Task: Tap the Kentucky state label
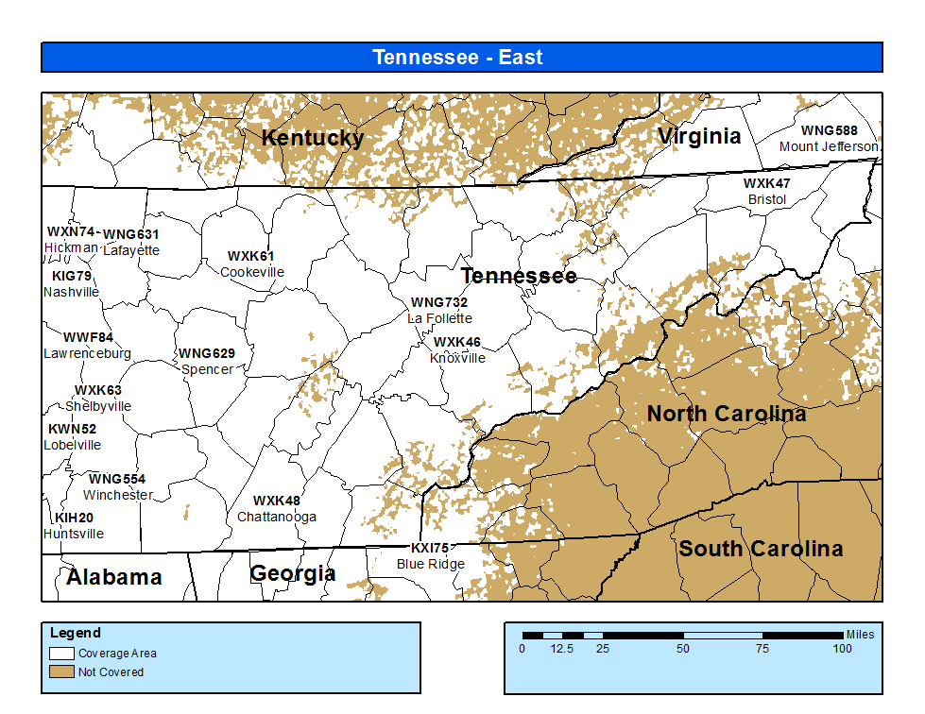tap(312, 138)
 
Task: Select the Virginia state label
tap(699, 136)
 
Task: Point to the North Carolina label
tap(726, 414)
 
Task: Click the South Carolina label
tap(761, 549)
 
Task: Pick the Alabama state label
tap(113, 577)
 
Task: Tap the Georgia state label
tap(292, 573)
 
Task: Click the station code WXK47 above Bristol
tap(766, 183)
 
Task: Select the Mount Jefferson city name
tap(829, 146)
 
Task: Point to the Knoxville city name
tap(457, 358)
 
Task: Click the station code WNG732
tap(438, 302)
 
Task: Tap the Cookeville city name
tap(251, 272)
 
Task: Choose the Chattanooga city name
tap(276, 517)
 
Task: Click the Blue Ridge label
tap(430, 564)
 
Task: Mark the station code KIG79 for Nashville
tap(72, 276)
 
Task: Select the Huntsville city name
tap(74, 534)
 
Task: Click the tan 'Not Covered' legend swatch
tap(62, 671)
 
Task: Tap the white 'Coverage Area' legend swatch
tap(62, 653)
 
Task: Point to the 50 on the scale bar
tap(682, 649)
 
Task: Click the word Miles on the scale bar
tap(860, 635)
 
